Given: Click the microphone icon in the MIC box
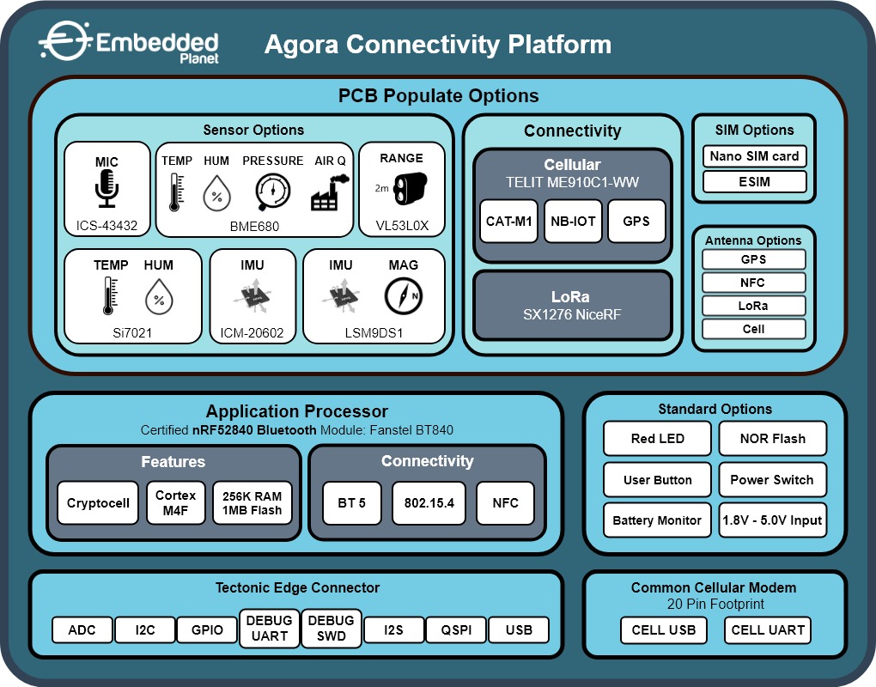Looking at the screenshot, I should coord(106,188).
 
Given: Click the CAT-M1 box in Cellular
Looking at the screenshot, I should coord(508,221).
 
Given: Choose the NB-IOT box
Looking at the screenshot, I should coord(573,221).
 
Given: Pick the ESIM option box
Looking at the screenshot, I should coord(754,181).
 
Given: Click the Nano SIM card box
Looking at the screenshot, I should coord(754,156).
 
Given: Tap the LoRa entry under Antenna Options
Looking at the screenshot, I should coord(754,306).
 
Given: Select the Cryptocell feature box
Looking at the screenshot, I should coord(98,503).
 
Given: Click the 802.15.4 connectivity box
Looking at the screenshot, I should coord(428,503).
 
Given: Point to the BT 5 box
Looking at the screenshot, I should coord(350,503).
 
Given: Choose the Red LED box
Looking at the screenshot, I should coord(657,438).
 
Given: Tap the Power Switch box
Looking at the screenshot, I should coord(772,479).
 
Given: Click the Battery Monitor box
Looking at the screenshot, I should coord(657,520).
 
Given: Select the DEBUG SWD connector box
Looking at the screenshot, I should coord(331,629).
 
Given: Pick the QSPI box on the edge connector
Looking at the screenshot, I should coord(455,629).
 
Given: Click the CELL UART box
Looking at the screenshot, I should coord(767,629).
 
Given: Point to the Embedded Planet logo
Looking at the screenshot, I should coord(130,43).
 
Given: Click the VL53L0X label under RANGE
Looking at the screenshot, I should coord(402,227).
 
